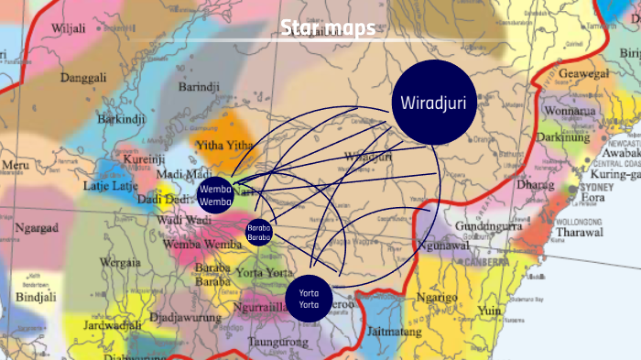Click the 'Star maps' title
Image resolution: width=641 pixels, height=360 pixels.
click(x=328, y=28)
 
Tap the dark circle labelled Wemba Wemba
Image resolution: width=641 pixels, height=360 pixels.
click(x=214, y=195)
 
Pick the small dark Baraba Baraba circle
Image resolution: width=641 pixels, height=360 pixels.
click(x=259, y=232)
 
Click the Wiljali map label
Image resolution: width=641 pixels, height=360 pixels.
click(x=69, y=28)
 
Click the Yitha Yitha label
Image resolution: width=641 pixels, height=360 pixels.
click(x=224, y=146)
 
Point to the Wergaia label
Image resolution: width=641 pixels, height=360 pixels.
click(x=121, y=262)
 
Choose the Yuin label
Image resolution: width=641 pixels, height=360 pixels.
click(x=490, y=311)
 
